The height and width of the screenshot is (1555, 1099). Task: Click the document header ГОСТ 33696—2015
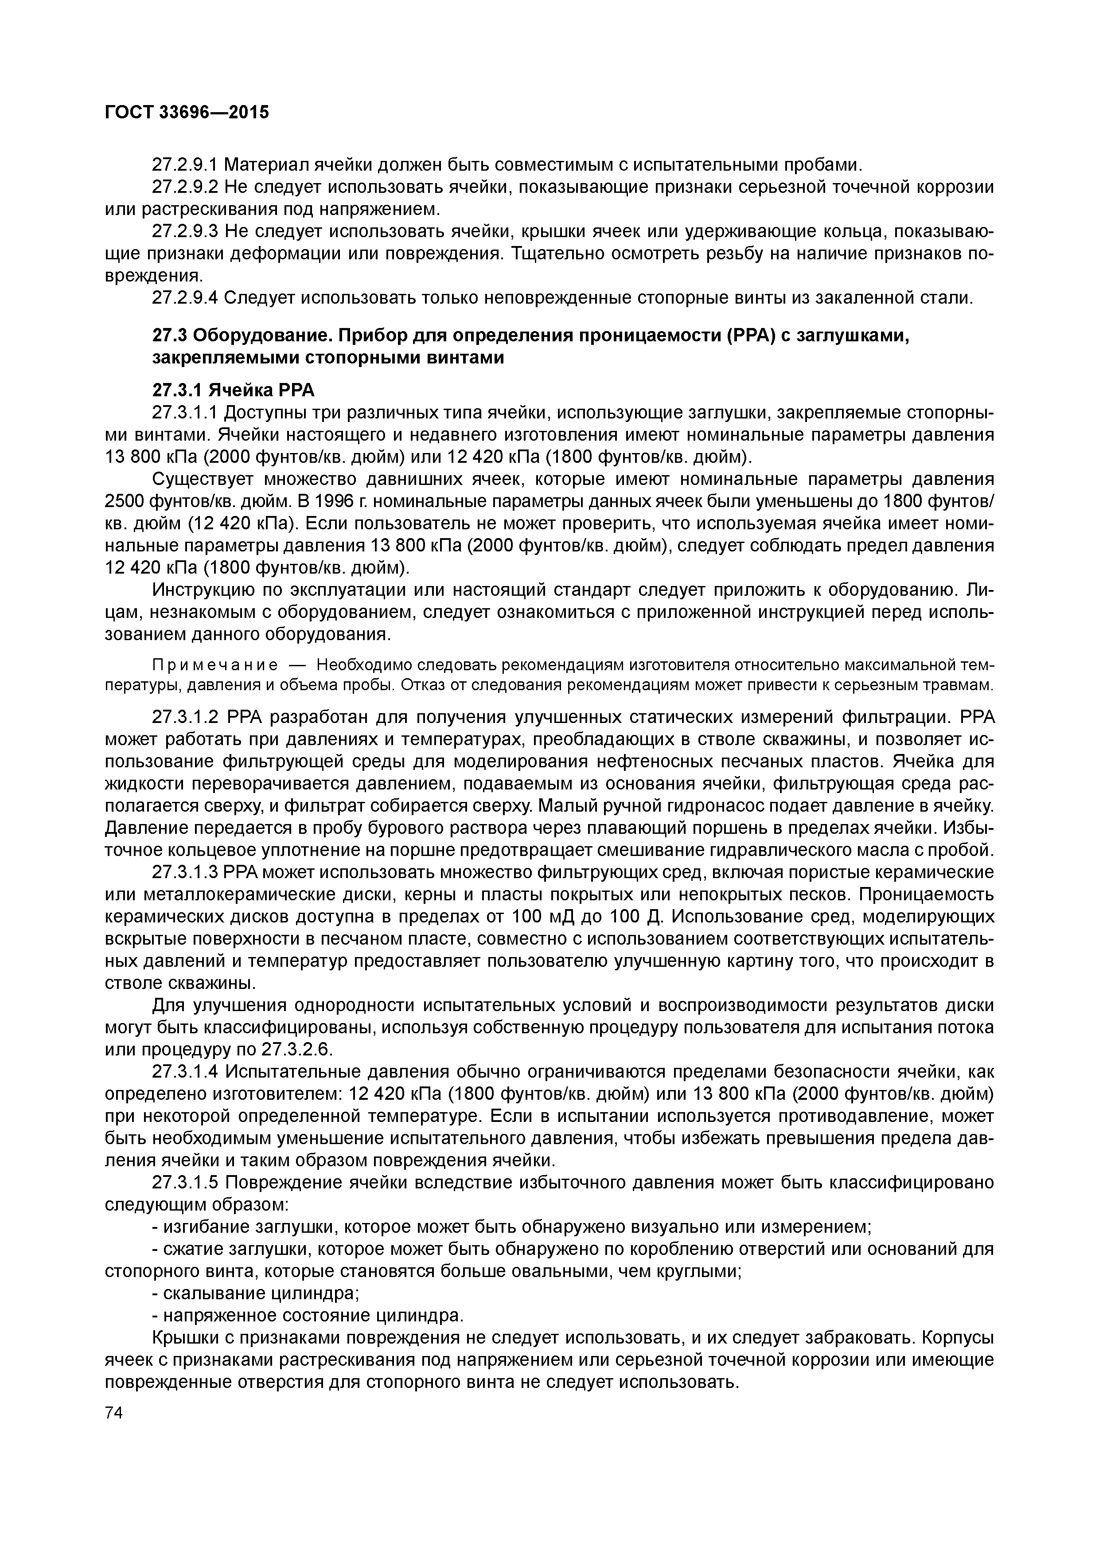point(187,113)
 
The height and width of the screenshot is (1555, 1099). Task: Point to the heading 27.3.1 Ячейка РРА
point(234,391)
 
